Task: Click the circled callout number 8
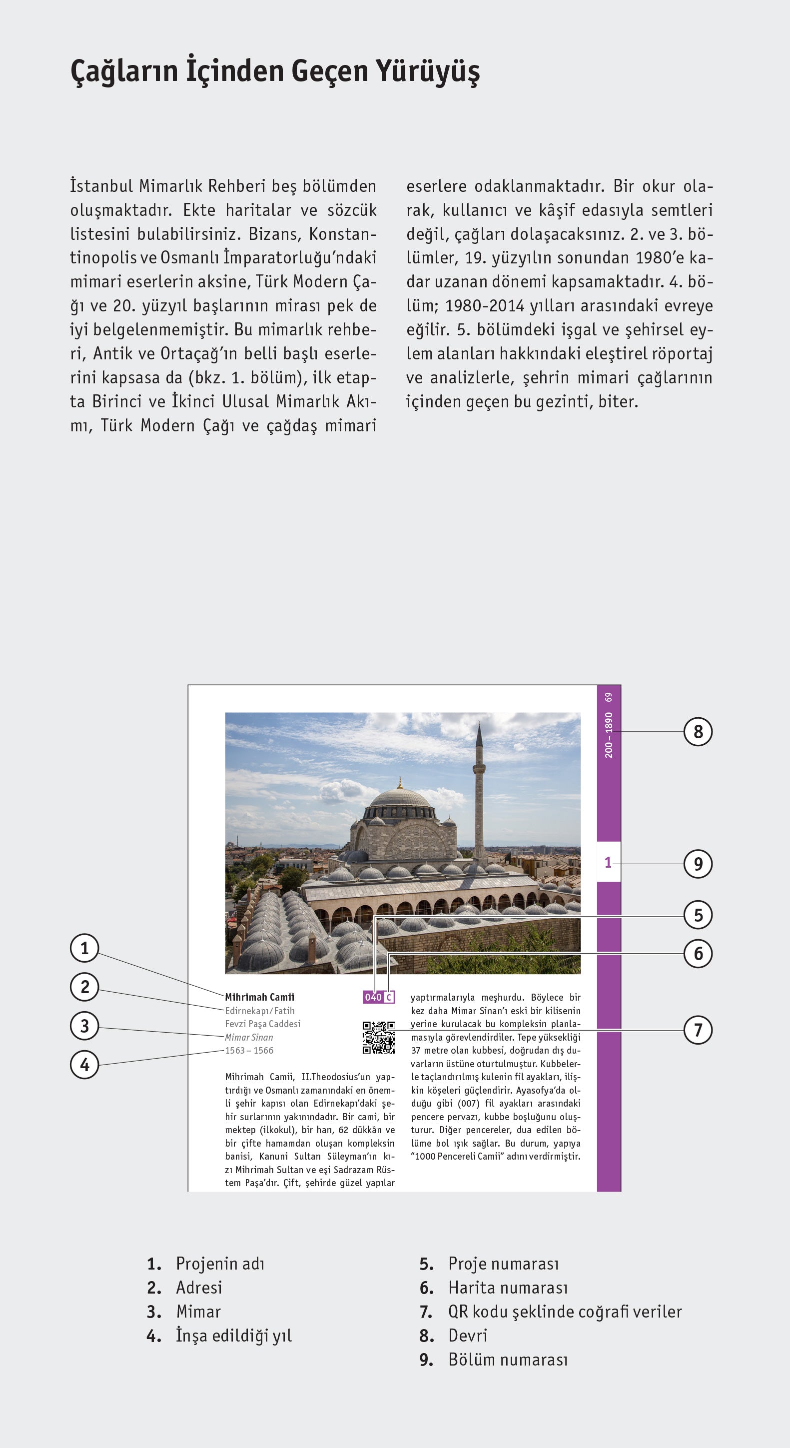pyautogui.click(x=698, y=731)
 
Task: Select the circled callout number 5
pyautogui.click(x=698, y=915)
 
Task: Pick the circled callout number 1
pyautogui.click(x=84, y=948)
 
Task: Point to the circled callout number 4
pyautogui.click(x=84, y=1064)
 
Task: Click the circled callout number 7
pyautogui.click(x=698, y=1030)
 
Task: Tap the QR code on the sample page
pyautogui.click(x=378, y=1037)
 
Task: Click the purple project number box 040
pyautogui.click(x=373, y=997)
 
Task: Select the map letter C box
pyautogui.click(x=389, y=997)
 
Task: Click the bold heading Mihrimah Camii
pyautogui.click(x=260, y=997)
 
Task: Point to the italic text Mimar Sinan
pyautogui.click(x=249, y=1037)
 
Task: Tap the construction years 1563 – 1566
pyautogui.click(x=249, y=1050)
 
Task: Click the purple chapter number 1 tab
pyautogui.click(x=608, y=862)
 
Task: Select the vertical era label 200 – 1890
pyautogui.click(x=609, y=735)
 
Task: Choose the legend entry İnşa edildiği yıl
pyautogui.click(x=234, y=1335)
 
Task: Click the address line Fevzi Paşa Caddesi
pyautogui.click(x=262, y=1024)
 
